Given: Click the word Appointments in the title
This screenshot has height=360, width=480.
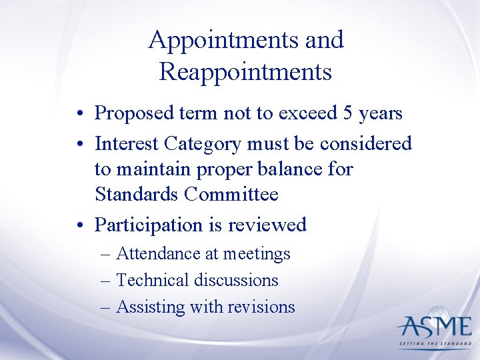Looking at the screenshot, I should click(x=223, y=41).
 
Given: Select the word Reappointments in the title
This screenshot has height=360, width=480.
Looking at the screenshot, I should click(x=245, y=71).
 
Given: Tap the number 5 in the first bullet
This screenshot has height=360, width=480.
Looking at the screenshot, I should click(x=348, y=113).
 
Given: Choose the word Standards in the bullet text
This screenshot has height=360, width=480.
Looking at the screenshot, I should click(x=137, y=194).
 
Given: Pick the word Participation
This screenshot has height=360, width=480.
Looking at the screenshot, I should click(x=150, y=225).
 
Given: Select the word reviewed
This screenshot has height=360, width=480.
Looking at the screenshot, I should click(x=267, y=225).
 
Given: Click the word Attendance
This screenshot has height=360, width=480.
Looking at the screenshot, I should click(x=158, y=254).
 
